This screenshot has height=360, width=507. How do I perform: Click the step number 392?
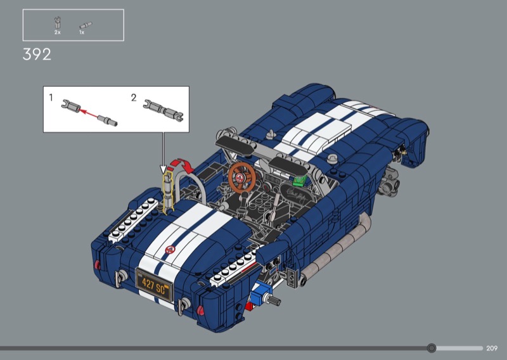tap(37, 55)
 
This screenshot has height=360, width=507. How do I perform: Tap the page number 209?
tap(492, 348)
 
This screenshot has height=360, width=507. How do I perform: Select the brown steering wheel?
tap(242, 177)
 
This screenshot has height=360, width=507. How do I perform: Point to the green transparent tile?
tap(299, 180)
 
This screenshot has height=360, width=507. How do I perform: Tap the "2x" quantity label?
tap(58, 32)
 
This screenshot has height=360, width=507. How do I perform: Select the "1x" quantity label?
tap(82, 32)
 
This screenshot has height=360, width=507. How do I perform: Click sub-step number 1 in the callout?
tap(51, 98)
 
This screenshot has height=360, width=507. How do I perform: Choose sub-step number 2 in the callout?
tap(134, 98)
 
